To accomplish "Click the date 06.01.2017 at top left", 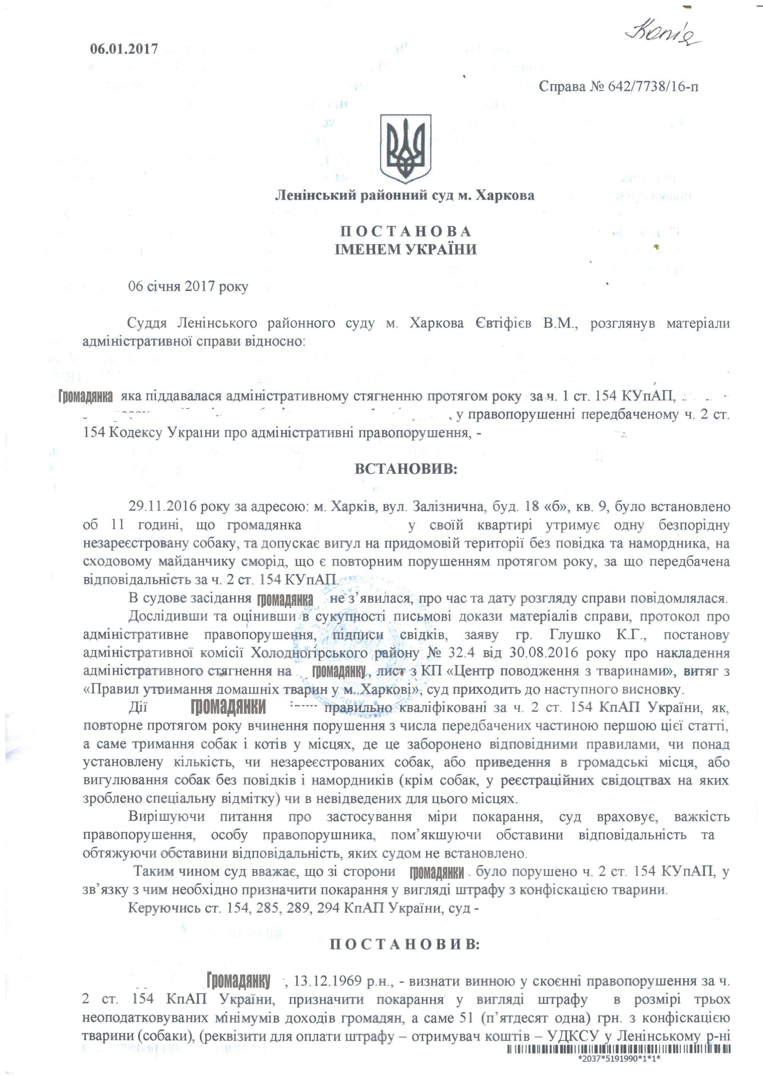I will tap(124, 49).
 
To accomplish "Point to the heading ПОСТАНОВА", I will tap(405, 231).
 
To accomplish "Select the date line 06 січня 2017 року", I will tap(188, 287).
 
